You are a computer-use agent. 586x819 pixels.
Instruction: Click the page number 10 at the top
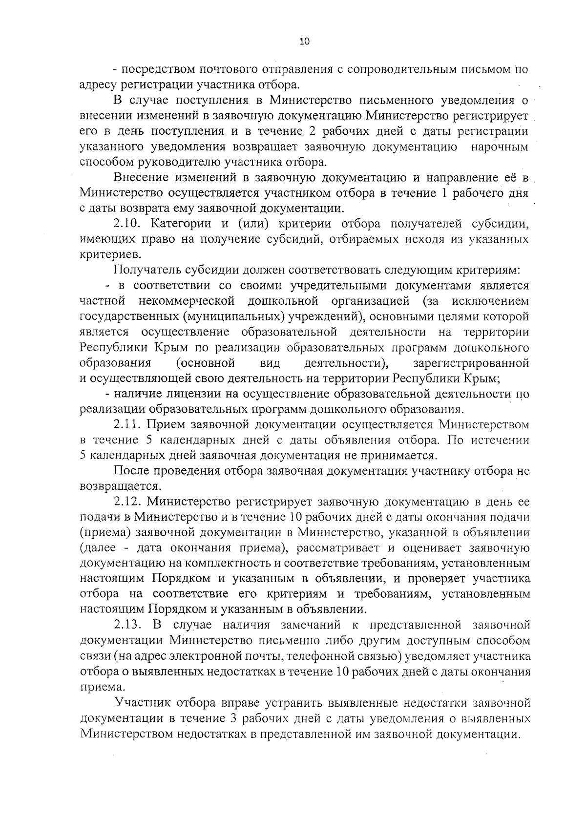coord(304,42)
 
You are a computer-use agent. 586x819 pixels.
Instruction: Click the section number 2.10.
coord(128,224)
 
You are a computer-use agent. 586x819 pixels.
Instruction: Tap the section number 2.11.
coord(128,424)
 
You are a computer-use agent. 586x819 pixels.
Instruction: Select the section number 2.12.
coord(128,502)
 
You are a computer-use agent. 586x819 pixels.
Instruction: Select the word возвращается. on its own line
coord(120,486)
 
